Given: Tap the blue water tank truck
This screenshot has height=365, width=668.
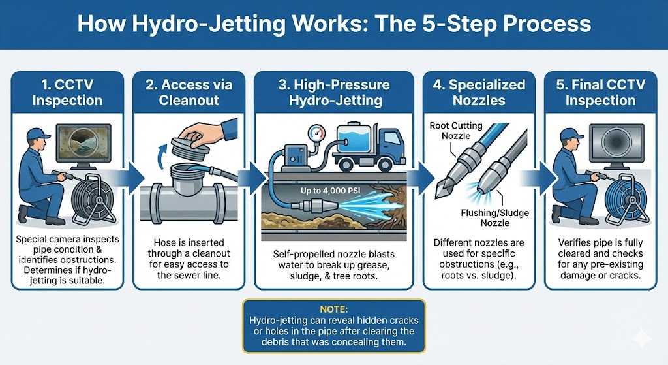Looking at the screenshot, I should (x=369, y=145).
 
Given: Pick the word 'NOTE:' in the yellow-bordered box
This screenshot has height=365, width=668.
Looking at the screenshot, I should (x=333, y=307).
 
